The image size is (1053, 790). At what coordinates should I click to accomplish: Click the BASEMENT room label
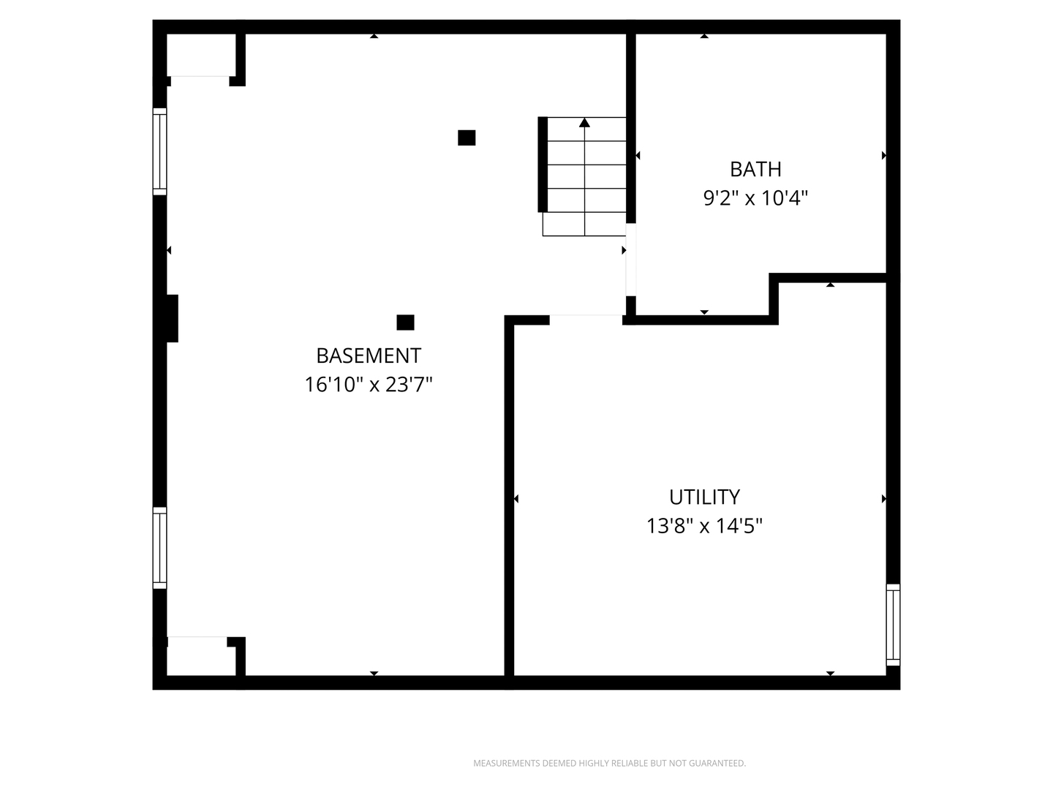pyautogui.click(x=369, y=356)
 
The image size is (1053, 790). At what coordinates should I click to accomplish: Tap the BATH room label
pyautogui.click(x=755, y=169)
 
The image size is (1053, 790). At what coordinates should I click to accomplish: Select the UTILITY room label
pyautogui.click(x=704, y=497)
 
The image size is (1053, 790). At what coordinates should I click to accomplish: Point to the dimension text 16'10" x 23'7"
pyautogui.click(x=369, y=385)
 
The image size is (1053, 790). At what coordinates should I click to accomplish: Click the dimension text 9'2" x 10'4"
pyautogui.click(x=755, y=198)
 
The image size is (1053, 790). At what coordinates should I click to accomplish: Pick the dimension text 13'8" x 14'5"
pyautogui.click(x=704, y=526)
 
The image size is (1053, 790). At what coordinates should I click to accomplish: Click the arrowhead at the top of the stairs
pyautogui.click(x=584, y=123)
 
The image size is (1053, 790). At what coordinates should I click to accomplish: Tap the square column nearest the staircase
pyautogui.click(x=467, y=138)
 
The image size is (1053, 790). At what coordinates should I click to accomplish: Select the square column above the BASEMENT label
pyautogui.click(x=405, y=323)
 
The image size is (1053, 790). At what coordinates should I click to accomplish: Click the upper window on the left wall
pyautogui.click(x=159, y=151)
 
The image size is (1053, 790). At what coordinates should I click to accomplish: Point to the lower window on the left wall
pyautogui.click(x=159, y=548)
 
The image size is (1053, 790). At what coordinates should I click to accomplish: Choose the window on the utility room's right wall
pyautogui.click(x=893, y=625)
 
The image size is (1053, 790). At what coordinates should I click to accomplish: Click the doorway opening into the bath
pyautogui.click(x=631, y=260)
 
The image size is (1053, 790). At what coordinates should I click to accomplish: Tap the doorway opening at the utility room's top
pyautogui.click(x=586, y=320)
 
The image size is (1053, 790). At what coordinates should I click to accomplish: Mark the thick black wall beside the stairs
pyautogui.click(x=543, y=164)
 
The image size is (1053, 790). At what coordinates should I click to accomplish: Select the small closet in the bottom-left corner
pyautogui.click(x=201, y=656)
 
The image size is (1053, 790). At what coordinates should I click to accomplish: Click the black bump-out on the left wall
pyautogui.click(x=173, y=318)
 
